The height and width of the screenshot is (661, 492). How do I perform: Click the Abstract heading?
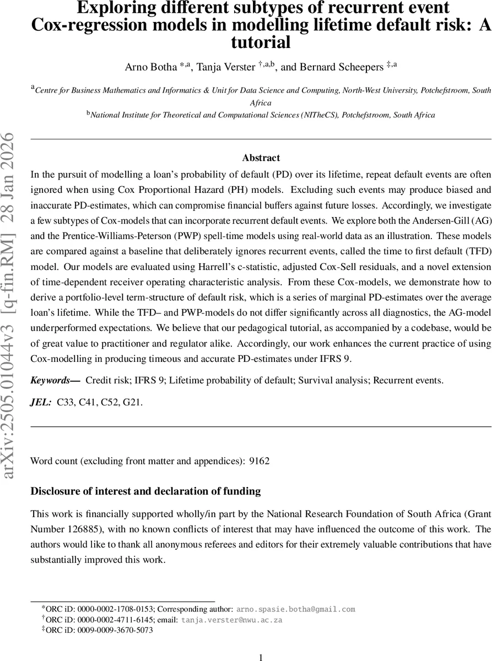tap(261, 158)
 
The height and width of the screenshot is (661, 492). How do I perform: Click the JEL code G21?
tap(132, 403)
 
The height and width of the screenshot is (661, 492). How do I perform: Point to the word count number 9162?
tap(259, 460)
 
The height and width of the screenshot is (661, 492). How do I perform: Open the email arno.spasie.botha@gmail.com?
tap(296, 609)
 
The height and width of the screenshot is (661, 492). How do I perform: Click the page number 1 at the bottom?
tap(261, 657)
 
